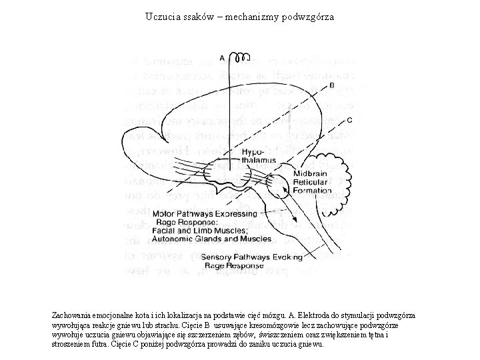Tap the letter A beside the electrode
(221, 58)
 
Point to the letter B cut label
(332, 86)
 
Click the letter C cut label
(350, 121)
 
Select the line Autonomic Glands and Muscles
(212, 238)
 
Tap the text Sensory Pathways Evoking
(250, 257)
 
